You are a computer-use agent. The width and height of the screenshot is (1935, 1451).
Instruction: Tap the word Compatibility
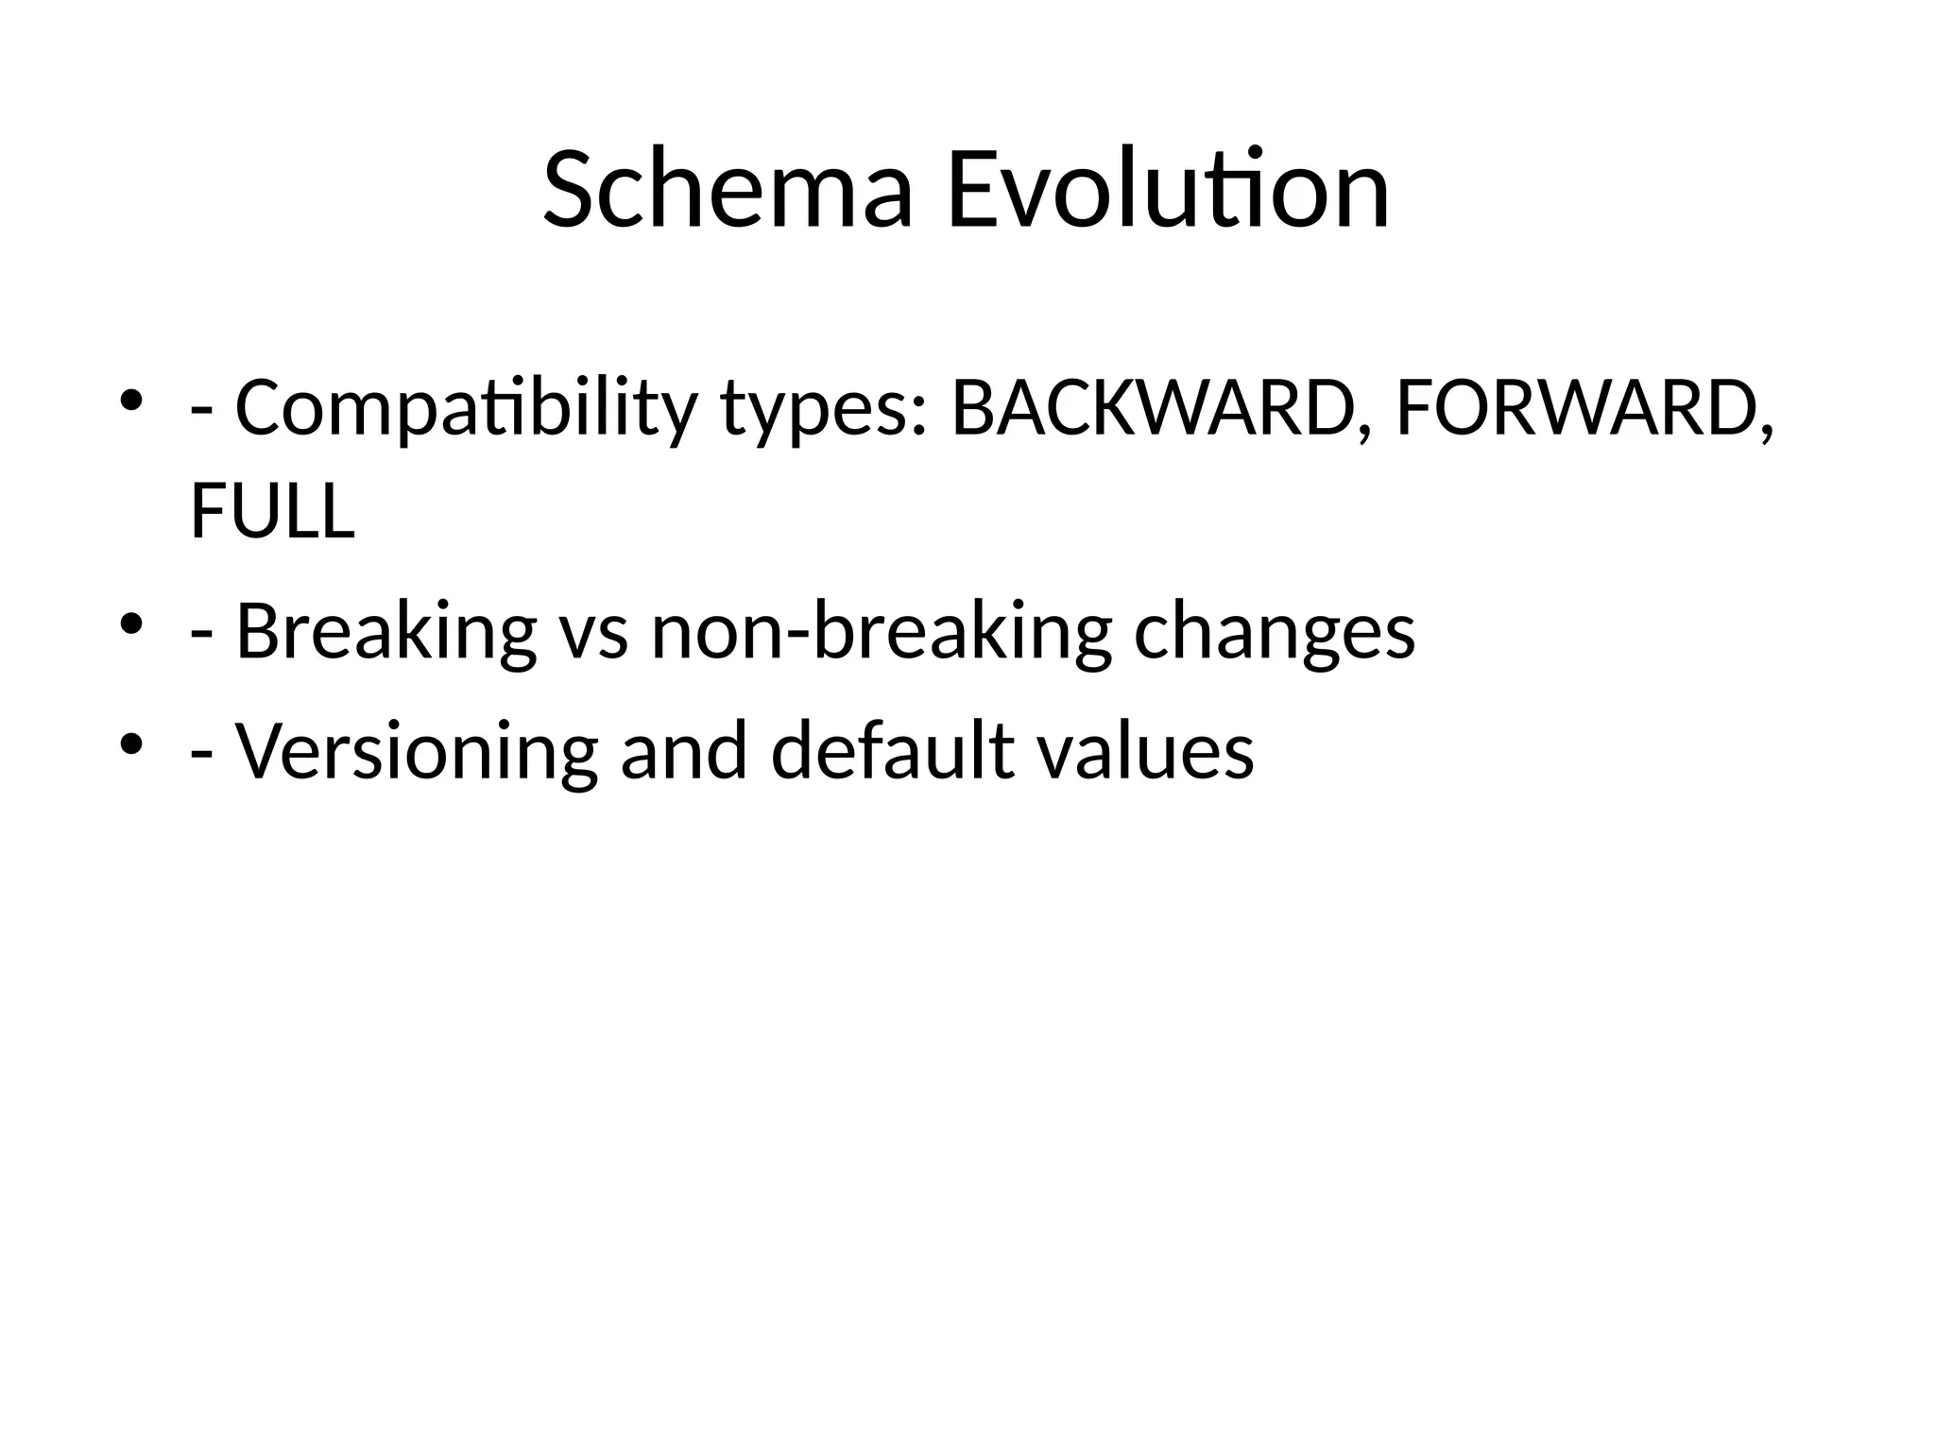(466, 410)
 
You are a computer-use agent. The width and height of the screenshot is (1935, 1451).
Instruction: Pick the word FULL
(272, 511)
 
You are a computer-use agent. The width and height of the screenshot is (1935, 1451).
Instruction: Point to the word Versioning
(416, 752)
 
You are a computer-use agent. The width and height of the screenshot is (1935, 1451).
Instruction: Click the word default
(893, 750)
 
